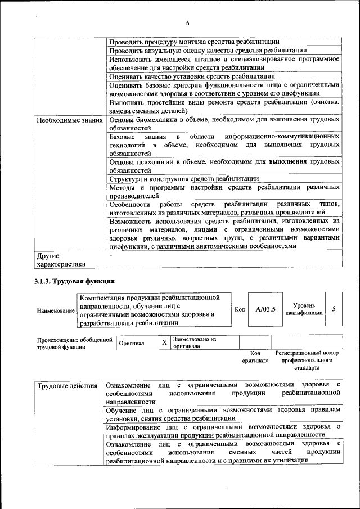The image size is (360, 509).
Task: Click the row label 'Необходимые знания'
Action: click(69, 120)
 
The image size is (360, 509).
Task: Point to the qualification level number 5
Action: click(334, 309)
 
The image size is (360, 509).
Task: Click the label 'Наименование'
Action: click(56, 310)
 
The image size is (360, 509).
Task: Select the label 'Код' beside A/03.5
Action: click(240, 309)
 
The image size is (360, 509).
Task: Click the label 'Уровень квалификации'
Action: click(304, 309)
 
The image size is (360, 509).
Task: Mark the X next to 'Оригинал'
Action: click(164, 343)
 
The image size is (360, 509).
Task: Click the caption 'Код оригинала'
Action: click(255, 357)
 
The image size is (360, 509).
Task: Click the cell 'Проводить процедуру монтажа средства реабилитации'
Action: click(194, 42)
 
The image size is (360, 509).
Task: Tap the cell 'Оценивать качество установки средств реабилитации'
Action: click(192, 76)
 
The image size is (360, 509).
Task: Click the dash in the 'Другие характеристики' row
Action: click(111, 255)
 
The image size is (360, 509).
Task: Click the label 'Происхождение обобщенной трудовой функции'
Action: click(71, 343)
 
